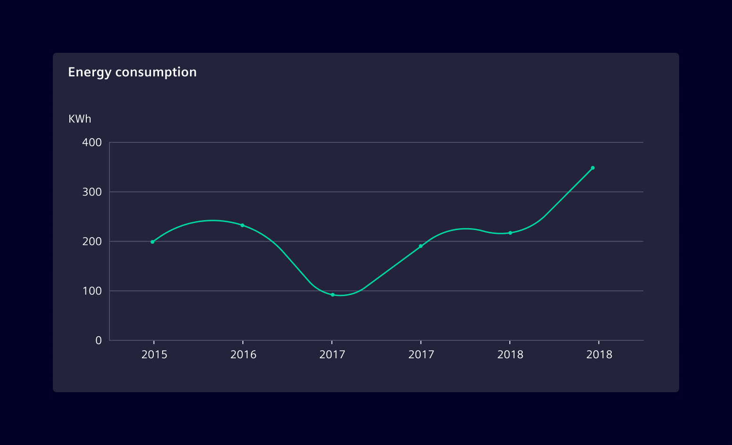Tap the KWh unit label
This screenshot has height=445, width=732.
[80, 119]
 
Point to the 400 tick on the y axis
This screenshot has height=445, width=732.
[92, 142]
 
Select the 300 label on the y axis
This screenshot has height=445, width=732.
[92, 192]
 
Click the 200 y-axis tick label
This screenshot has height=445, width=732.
[92, 241]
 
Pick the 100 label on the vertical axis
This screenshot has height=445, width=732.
[92, 291]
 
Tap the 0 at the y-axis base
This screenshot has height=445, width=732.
[98, 340]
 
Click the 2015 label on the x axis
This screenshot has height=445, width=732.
[154, 354]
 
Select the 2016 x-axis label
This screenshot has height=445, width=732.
[243, 354]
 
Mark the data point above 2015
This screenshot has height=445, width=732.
[152, 242]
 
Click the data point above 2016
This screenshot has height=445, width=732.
[242, 225]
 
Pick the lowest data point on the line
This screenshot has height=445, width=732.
[333, 295]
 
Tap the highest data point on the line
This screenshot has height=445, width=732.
[593, 168]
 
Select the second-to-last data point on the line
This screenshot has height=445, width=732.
[510, 233]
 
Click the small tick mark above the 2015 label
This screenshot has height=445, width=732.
[154, 343]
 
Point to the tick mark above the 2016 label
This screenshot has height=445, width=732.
[243, 343]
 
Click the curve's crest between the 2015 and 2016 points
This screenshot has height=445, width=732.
[212, 220]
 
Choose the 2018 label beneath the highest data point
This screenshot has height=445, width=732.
[599, 354]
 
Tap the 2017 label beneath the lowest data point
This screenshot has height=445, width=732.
[332, 354]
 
